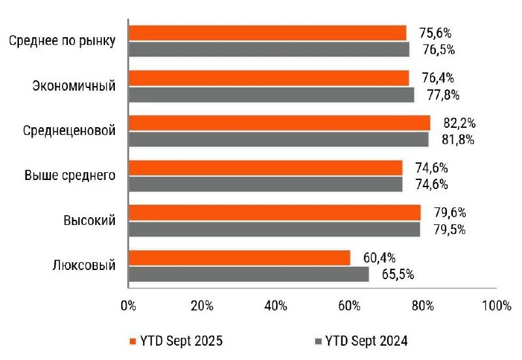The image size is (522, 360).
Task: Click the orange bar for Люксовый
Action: click(x=239, y=258)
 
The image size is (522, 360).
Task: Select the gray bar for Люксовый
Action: click(x=249, y=275)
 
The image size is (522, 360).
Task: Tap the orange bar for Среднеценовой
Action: click(x=279, y=123)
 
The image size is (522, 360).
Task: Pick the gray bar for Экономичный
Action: click(x=271, y=95)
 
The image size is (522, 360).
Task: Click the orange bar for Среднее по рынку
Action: click(x=268, y=33)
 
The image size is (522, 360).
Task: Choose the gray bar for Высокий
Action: click(x=274, y=230)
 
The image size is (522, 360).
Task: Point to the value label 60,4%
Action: click(x=378, y=258)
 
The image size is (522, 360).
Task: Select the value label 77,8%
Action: click(x=443, y=95)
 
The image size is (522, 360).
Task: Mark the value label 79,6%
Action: click(x=448, y=213)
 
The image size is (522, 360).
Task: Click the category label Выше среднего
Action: click(x=70, y=175)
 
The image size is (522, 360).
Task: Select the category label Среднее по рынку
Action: click(x=63, y=40)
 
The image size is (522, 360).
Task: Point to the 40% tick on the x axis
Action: click(x=275, y=305)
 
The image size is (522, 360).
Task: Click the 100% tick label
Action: click(x=496, y=305)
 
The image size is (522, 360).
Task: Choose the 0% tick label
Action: click(x=128, y=305)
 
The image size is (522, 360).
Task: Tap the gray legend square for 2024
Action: click(x=318, y=340)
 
